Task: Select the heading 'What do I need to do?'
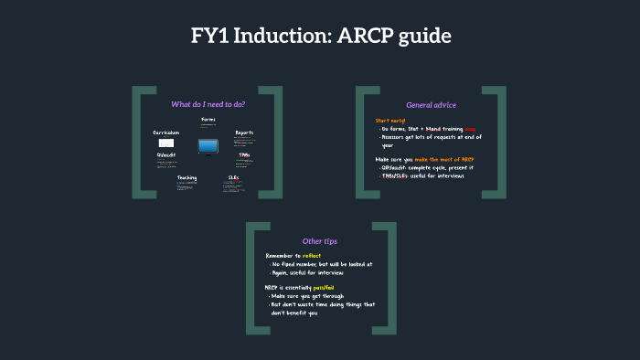[x=208, y=103]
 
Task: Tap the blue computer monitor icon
[x=208, y=145]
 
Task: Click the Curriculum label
[x=166, y=132]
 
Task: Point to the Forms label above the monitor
[x=208, y=120]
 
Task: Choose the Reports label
[x=244, y=132]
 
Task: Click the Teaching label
[x=187, y=177]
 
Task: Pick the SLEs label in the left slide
[x=233, y=177]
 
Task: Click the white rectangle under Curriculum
[x=166, y=143]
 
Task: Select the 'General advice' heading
[x=431, y=104]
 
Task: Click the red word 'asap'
[x=471, y=129]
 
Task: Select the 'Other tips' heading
[x=319, y=240]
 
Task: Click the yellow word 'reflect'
[x=312, y=255]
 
